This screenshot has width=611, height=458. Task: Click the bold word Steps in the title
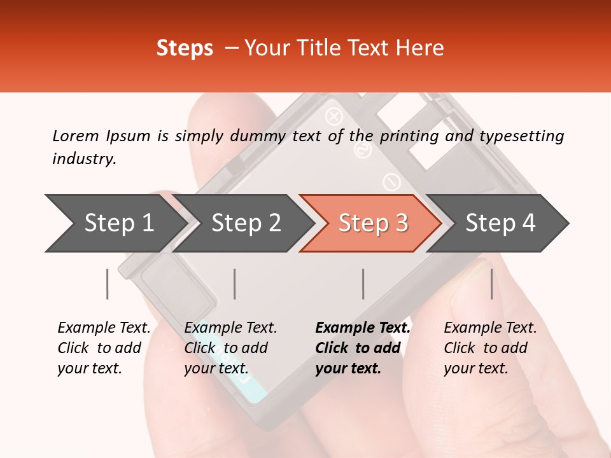[x=185, y=48]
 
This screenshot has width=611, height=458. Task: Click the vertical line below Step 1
[x=108, y=284]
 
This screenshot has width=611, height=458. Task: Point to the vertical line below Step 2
[x=235, y=284]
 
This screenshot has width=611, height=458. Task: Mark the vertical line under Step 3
[x=363, y=284]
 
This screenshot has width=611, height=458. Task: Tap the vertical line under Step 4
[x=491, y=284]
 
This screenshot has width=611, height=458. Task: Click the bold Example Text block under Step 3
[x=363, y=348]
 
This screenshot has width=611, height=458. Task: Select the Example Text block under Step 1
[x=104, y=348]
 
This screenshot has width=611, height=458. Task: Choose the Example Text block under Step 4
[x=490, y=348]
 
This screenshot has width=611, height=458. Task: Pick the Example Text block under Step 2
[x=230, y=348]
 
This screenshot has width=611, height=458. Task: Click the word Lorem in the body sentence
[x=75, y=135]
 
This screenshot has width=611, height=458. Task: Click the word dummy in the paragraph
[x=263, y=135]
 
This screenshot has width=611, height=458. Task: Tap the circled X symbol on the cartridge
[x=334, y=116]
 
